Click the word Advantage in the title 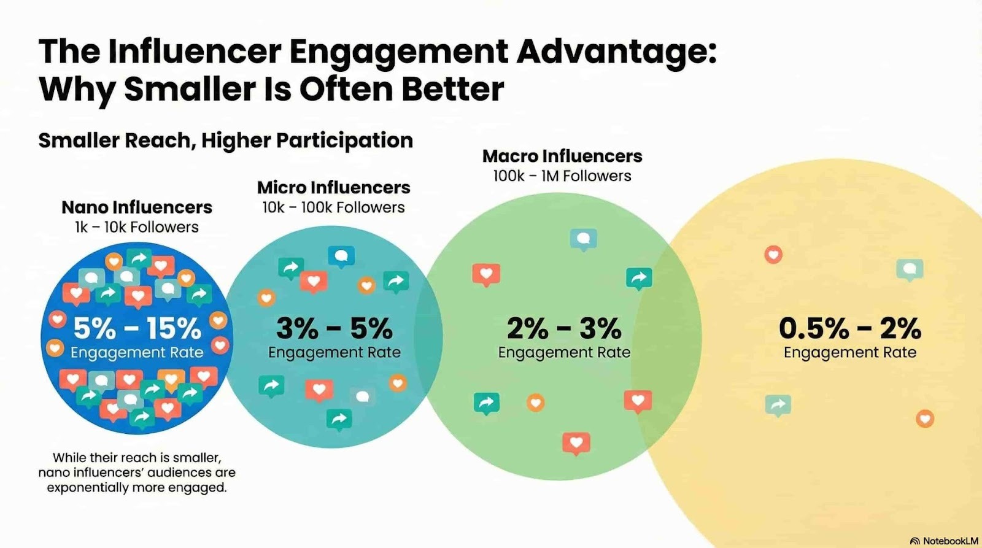point(616,52)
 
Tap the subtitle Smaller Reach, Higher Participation point(225,141)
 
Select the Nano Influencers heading point(137,207)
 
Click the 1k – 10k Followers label point(137,227)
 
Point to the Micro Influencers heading point(333,187)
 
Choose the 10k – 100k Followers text point(333,207)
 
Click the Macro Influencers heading point(562,156)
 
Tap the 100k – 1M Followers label point(562,176)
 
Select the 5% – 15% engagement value point(137,329)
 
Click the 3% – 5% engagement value point(334,329)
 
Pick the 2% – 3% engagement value point(564,329)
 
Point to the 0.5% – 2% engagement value point(849,329)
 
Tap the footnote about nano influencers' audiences point(137,473)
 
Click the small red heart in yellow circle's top point(773,254)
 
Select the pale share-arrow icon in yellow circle point(778,404)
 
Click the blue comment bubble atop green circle point(583,239)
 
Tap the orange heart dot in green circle point(535,403)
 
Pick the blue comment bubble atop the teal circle point(341,256)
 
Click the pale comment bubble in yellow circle point(910,269)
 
